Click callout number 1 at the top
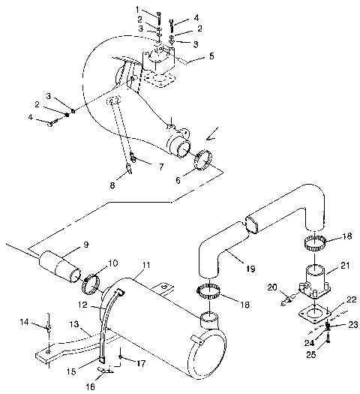[x=138, y=8]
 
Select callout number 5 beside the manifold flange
[x=190, y=56]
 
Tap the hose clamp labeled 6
[x=203, y=161]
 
